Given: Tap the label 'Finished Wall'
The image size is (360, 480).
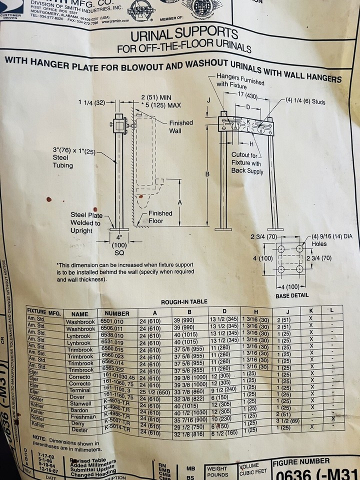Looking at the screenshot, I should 180,126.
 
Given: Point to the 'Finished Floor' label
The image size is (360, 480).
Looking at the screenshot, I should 160,217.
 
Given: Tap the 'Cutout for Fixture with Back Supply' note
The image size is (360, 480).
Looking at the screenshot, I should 245,163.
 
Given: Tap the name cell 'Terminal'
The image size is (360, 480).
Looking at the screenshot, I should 79,389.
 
